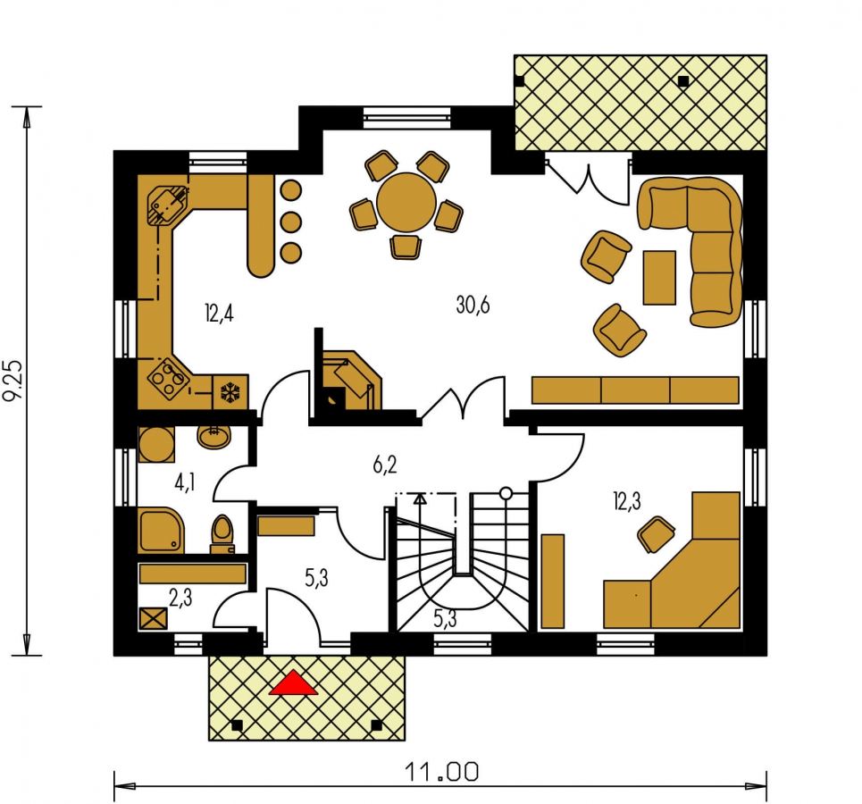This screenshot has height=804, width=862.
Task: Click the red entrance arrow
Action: click(x=293, y=683)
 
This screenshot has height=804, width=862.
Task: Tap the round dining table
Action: click(x=406, y=203)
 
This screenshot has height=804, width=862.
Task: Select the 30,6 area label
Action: click(x=473, y=304)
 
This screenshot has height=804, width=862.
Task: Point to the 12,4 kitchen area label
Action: click(x=219, y=314)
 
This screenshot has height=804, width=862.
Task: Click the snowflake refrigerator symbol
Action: click(x=230, y=392)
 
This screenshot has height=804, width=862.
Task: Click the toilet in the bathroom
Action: click(x=222, y=533)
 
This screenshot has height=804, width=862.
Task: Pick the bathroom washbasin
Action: click(x=214, y=436)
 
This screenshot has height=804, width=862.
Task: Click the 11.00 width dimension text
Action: click(x=442, y=772)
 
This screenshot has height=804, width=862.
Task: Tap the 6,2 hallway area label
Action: click(x=384, y=465)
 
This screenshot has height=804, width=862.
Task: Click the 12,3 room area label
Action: click(x=627, y=501)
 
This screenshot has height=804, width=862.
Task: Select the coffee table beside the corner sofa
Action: click(x=659, y=277)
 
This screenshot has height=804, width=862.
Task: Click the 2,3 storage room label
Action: click(x=180, y=598)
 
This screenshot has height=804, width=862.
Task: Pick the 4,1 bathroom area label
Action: click(x=185, y=484)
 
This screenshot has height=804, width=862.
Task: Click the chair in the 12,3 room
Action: click(x=657, y=533)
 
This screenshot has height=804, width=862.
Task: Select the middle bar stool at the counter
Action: click(x=291, y=222)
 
